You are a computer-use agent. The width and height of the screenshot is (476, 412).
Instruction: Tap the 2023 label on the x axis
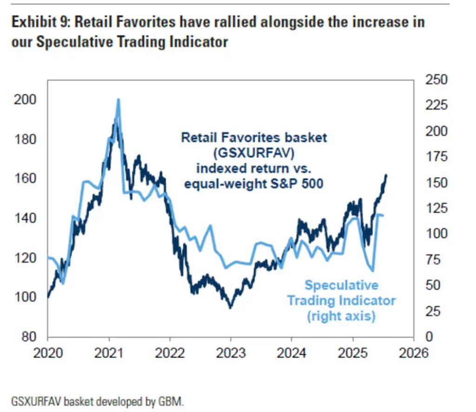(x=231, y=353)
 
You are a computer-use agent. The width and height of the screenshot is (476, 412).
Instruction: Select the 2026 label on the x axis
(x=413, y=353)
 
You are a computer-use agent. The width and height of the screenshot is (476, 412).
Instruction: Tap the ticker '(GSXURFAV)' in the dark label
(x=254, y=153)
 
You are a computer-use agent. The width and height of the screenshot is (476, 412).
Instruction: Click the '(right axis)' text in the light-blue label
(x=341, y=316)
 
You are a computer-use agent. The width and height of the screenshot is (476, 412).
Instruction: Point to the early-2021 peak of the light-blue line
(x=118, y=99)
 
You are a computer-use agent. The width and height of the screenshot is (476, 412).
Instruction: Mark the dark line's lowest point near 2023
(x=230, y=307)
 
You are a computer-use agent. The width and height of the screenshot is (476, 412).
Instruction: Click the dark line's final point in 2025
(x=386, y=175)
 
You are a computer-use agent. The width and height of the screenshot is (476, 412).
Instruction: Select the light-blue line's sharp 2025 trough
(x=373, y=271)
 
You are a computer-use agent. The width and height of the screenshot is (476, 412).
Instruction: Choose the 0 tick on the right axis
(x=430, y=336)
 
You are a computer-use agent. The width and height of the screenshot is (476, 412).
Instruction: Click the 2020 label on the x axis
(x=48, y=353)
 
